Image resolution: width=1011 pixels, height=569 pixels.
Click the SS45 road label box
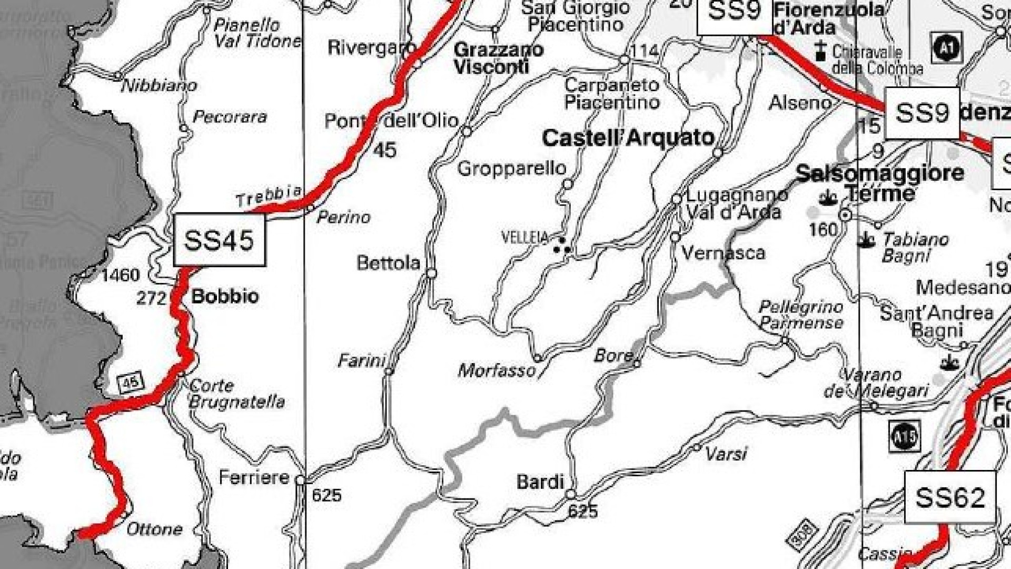(219, 240)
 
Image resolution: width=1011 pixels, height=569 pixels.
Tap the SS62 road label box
(949, 497)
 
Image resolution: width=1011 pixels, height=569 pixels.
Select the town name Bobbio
(225, 296)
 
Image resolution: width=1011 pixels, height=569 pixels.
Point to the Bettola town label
(388, 262)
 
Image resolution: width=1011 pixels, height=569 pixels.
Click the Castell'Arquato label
(628, 138)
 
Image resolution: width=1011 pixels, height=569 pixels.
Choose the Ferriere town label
(254, 477)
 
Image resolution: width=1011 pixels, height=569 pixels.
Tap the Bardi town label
(540, 482)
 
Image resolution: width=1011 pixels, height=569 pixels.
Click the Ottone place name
(154, 528)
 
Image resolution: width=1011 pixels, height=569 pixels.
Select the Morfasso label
(496, 371)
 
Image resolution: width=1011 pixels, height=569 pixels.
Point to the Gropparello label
(511, 169)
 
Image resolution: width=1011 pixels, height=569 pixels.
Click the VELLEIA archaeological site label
(525, 238)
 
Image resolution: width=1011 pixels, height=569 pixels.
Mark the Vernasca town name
(722, 253)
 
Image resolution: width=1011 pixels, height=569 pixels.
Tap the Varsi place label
(726, 454)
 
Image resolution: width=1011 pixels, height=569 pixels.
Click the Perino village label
(343, 217)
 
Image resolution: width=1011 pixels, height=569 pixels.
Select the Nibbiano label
(159, 85)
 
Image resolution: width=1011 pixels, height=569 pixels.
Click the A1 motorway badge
(946, 47)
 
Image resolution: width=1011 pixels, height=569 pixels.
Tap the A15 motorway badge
(904, 436)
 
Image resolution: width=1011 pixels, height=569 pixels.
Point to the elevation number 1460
(121, 275)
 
